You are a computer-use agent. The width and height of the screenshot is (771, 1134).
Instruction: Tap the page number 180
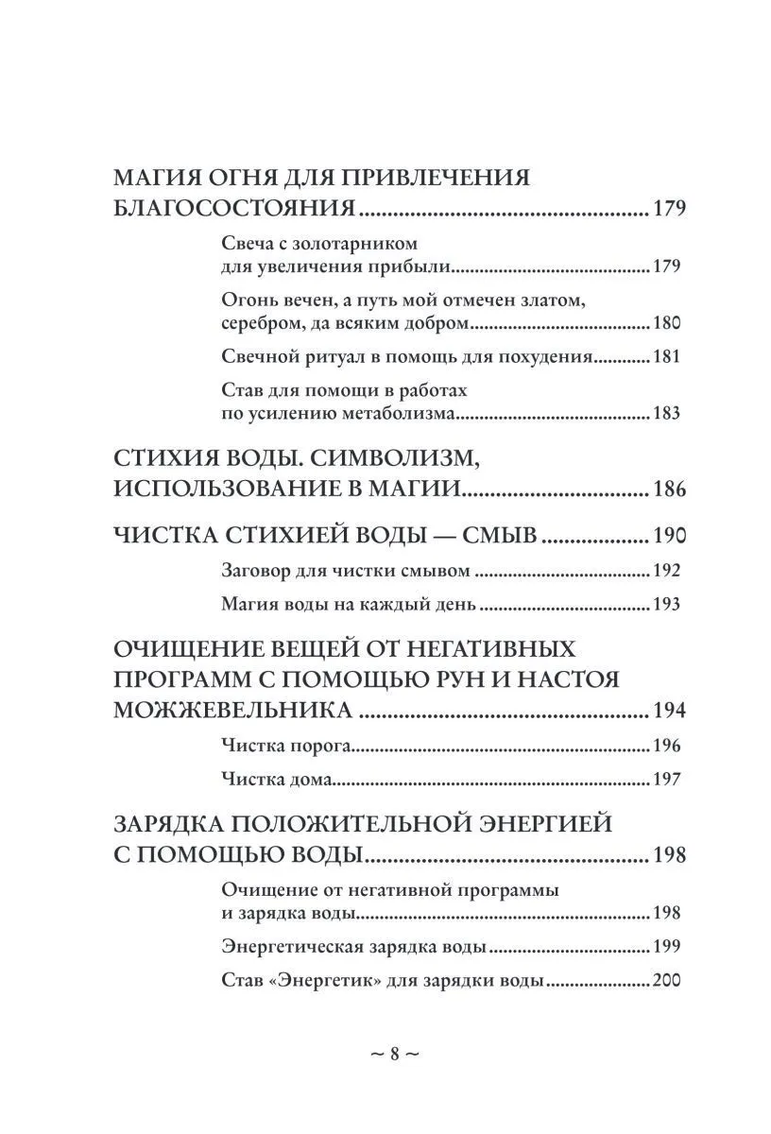tap(666, 324)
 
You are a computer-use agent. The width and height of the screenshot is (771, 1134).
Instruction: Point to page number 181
tap(666, 358)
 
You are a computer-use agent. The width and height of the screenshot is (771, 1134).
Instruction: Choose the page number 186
tap(668, 490)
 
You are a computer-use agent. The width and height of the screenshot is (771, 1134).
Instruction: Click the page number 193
tap(666, 604)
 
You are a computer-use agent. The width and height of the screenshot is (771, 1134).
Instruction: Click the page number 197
tap(666, 780)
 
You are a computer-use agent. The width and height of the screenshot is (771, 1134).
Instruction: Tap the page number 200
tap(666, 981)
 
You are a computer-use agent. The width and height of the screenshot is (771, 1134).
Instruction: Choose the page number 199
tap(666, 947)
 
